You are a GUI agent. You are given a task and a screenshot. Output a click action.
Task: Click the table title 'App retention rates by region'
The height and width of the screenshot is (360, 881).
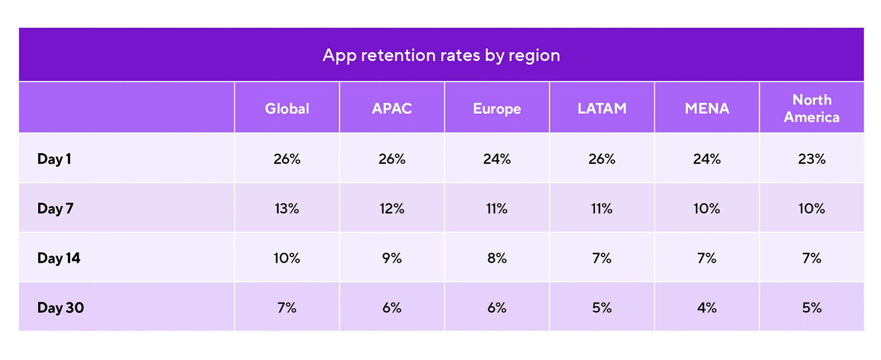441,55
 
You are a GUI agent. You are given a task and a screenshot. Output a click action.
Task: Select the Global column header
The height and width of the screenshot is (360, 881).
287,108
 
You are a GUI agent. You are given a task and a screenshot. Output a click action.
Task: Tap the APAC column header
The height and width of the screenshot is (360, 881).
391,108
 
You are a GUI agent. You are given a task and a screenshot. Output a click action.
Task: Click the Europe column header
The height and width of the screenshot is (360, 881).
497,108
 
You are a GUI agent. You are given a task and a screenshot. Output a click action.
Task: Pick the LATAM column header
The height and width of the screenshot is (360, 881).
601,108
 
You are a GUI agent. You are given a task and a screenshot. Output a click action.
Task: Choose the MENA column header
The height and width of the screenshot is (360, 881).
707,108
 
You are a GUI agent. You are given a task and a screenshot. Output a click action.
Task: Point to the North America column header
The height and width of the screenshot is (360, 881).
811,108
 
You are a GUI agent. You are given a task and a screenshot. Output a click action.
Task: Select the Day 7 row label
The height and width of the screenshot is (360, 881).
59,208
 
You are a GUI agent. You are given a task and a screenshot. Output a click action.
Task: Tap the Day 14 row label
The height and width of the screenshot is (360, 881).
59,258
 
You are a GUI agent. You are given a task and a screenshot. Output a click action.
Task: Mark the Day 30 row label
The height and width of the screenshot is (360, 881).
61,307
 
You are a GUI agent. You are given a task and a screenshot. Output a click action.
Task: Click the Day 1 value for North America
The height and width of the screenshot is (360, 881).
811,159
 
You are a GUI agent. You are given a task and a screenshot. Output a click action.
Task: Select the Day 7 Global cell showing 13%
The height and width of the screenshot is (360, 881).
287,208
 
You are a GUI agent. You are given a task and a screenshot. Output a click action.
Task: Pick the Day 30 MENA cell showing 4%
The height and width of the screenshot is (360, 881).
707,307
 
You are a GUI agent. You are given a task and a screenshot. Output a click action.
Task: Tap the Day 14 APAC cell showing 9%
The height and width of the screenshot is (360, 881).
391,258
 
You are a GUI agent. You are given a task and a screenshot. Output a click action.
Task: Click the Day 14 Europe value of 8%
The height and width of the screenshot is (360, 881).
497,258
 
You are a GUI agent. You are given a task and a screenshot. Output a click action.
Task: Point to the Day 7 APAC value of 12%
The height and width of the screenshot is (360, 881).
391,208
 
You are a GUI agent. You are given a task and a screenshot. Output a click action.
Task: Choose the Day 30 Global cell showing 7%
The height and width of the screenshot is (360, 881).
287,307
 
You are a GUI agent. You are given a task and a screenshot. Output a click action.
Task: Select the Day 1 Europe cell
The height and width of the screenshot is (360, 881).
497,159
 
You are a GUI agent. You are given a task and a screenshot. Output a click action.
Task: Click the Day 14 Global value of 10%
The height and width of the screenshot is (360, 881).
287,258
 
